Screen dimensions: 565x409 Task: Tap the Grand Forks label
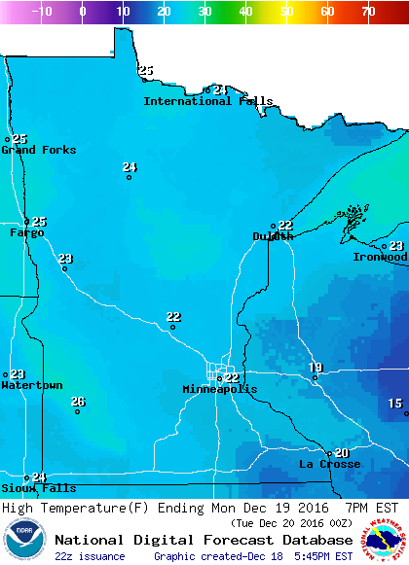[39, 150]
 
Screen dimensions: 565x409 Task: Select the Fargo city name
[27, 233]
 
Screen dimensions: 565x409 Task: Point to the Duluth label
[273, 236]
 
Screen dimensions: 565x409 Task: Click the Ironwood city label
[380, 257]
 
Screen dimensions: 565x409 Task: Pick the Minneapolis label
[220, 389]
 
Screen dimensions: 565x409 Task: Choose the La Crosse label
[329, 464]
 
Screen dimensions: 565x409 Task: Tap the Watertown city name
[32, 386]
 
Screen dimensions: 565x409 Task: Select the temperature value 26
[78, 402]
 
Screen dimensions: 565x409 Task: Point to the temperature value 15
[394, 404]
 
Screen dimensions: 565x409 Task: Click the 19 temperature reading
[316, 367]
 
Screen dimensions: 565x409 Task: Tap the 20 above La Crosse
[341, 453]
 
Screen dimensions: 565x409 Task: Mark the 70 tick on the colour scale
[368, 12]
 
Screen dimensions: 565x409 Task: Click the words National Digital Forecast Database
[204, 540]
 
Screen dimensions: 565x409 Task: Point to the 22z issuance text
[90, 556]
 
